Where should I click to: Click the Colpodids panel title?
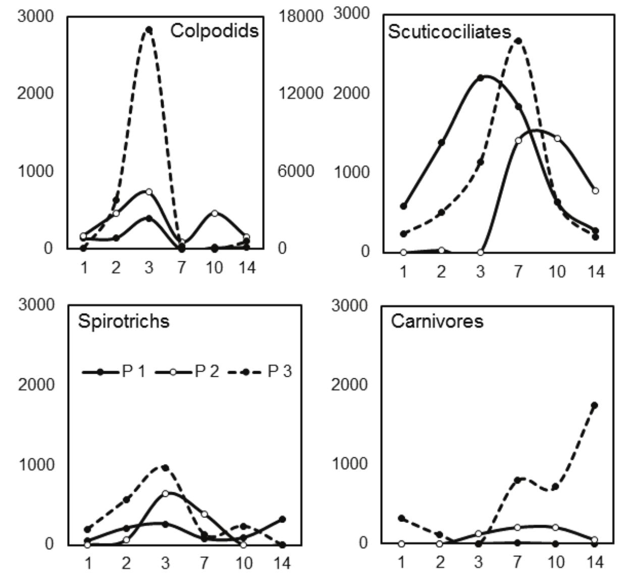(x=214, y=31)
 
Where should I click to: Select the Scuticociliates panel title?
(x=449, y=32)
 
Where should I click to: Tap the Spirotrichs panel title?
(x=123, y=321)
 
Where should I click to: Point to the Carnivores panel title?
(x=437, y=321)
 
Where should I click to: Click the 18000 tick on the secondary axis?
(x=300, y=16)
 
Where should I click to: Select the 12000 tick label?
(x=300, y=93)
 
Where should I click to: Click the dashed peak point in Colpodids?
(x=149, y=30)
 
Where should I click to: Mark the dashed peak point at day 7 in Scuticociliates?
(x=518, y=41)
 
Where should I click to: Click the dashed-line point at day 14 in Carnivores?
(x=594, y=405)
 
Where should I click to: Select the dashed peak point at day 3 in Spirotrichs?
(x=165, y=468)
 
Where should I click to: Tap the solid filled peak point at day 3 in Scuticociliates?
(x=480, y=78)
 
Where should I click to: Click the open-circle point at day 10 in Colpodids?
(x=215, y=213)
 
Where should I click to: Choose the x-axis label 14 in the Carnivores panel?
(x=595, y=561)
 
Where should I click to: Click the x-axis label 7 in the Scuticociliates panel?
(x=518, y=272)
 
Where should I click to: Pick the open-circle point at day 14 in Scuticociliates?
(x=596, y=191)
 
